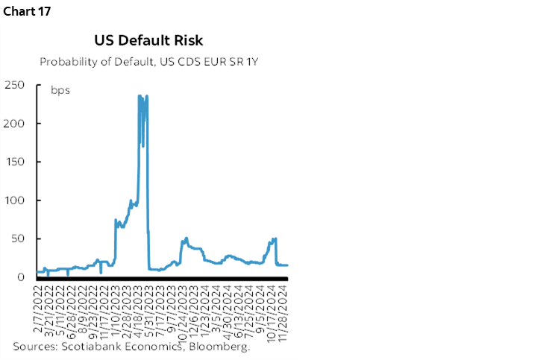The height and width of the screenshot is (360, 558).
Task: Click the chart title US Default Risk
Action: [x=148, y=40]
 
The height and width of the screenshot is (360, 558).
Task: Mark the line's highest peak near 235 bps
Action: [x=139, y=96]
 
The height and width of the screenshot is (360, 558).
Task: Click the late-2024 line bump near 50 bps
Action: [x=275, y=239]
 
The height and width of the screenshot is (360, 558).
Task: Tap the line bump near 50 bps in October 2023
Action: [x=185, y=239]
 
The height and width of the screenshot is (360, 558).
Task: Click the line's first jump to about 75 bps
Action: [x=115, y=220]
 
